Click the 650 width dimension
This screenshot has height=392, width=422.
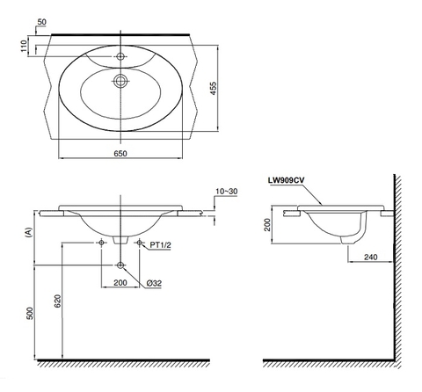[x=120, y=155]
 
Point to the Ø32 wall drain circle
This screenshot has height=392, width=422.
[x=120, y=265]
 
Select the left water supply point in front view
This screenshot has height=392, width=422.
[x=103, y=241]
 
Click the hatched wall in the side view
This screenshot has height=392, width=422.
[x=397, y=264]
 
